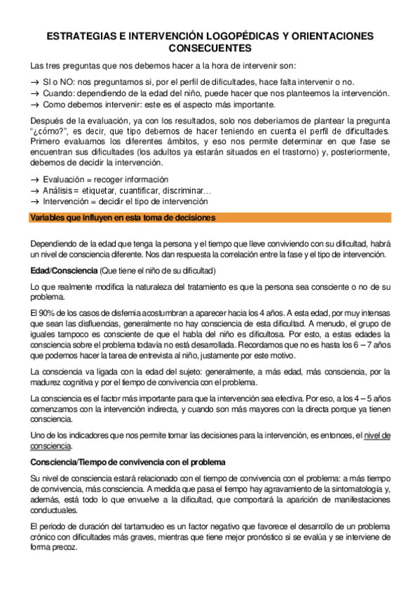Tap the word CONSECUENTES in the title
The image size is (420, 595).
pos(210,48)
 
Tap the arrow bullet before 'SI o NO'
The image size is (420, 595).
pos(35,82)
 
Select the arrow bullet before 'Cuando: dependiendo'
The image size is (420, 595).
pos(35,93)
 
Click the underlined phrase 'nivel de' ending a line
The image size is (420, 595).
pos(377,435)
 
